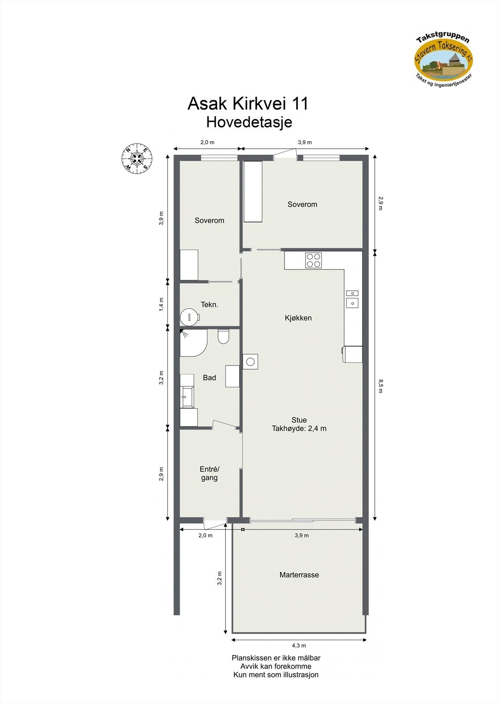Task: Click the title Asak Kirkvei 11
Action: pos(248,103)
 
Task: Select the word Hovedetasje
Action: pos(249,122)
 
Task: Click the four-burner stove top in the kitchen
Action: pos(314,260)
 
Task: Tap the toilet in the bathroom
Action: pos(224,336)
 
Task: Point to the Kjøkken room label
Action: pos(298,318)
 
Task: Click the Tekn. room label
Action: pos(210,304)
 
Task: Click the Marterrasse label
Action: pos(299,575)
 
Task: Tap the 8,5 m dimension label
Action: pos(380,385)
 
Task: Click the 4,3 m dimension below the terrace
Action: pos(299,645)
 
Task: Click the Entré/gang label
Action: pos(209,473)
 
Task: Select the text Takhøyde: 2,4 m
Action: pos(299,428)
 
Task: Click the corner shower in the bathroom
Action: pos(192,342)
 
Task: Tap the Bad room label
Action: pos(210,378)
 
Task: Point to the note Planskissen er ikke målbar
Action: pos(276,658)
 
